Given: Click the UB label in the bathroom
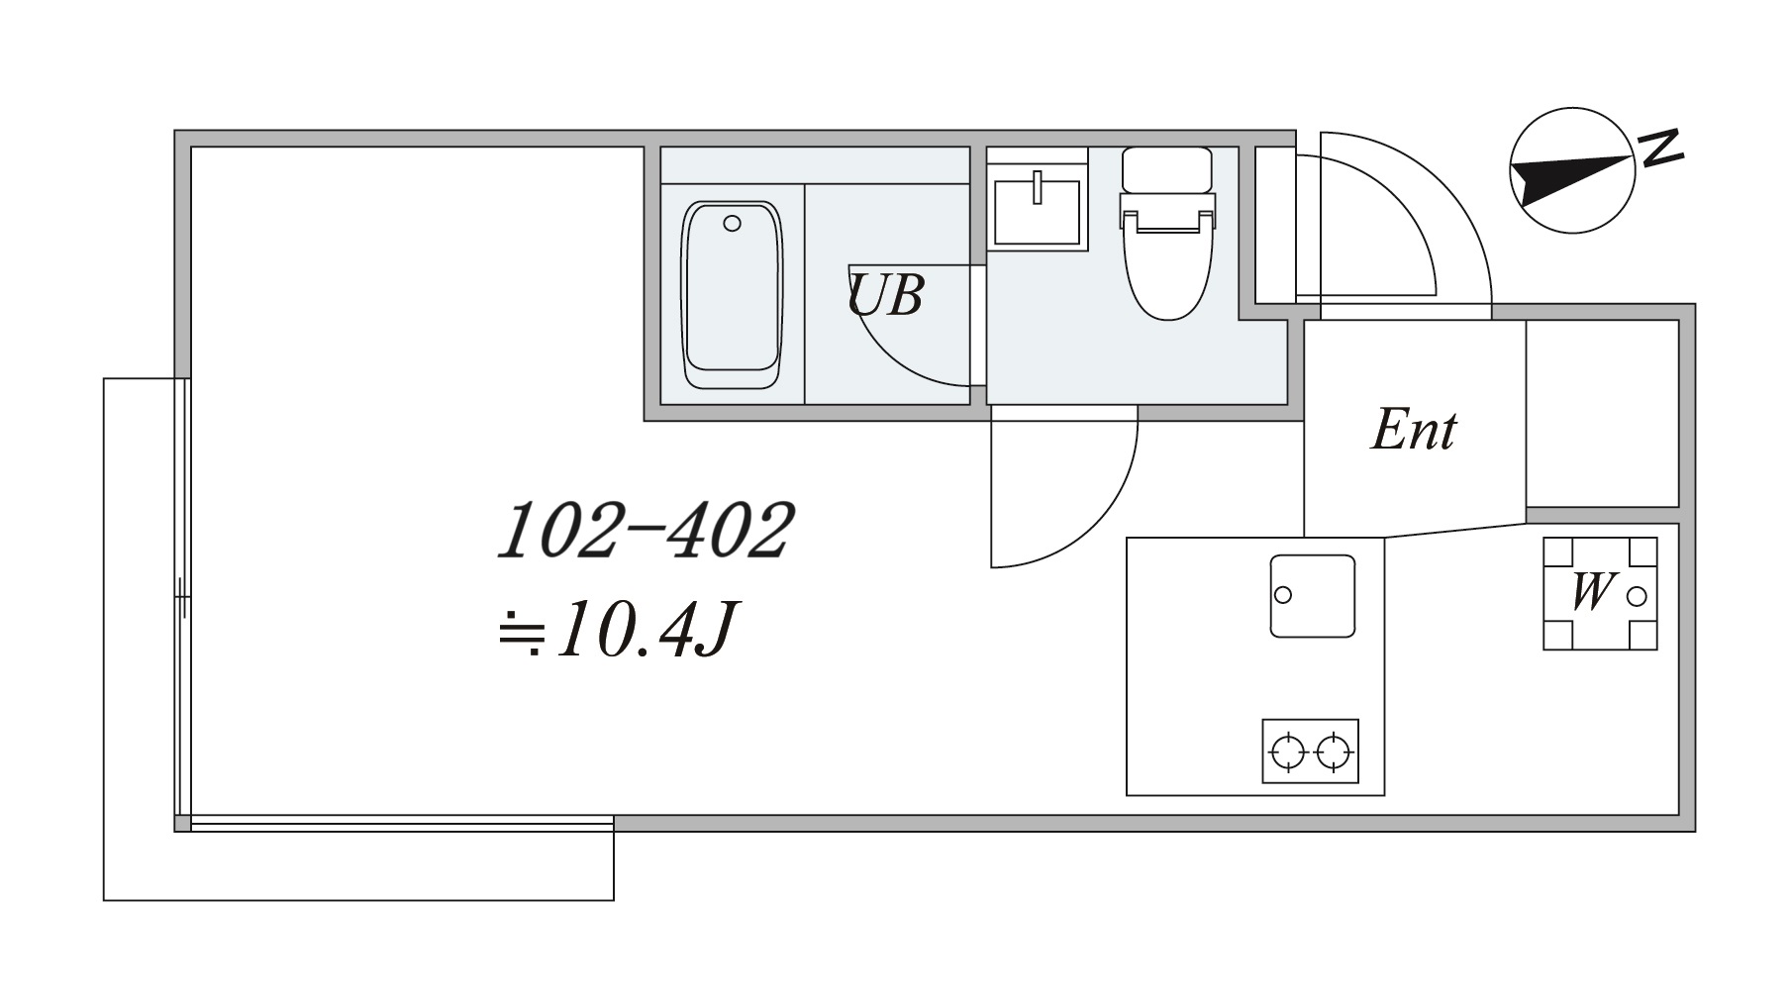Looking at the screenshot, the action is click(x=885, y=295).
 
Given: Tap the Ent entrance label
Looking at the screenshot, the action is click(x=1413, y=431).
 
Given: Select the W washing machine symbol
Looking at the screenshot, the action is click(x=1600, y=593).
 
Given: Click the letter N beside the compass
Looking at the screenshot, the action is click(x=1660, y=149).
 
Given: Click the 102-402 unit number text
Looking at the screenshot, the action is click(x=645, y=532).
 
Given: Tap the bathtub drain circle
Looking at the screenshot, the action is click(x=732, y=224).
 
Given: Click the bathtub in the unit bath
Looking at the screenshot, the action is click(x=732, y=295).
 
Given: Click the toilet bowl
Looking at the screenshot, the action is click(x=1168, y=267).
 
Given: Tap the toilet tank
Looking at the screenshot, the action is click(x=1167, y=169).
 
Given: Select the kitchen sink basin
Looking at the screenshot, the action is click(x=1313, y=595).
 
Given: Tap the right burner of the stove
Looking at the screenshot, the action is click(x=1334, y=752).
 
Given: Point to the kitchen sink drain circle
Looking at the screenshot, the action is click(x=1283, y=595).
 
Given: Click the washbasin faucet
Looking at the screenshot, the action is click(x=1038, y=187).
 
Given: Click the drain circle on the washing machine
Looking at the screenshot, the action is click(x=1637, y=595).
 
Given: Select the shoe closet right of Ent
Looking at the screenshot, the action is click(x=1602, y=414).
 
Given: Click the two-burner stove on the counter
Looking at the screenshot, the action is click(x=1310, y=752).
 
